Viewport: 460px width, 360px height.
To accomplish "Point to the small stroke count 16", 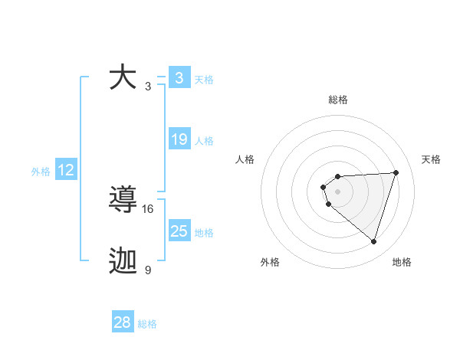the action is (x=148, y=208).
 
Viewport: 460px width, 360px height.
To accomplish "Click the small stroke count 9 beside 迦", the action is (x=148, y=270).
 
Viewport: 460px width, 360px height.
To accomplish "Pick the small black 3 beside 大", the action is (x=148, y=86).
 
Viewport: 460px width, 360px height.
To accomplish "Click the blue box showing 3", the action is (x=179, y=78).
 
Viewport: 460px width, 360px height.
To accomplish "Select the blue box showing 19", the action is (x=179, y=139).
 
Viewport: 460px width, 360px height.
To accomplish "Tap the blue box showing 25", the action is (x=179, y=231).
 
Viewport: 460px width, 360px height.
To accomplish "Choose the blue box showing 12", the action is (x=66, y=170).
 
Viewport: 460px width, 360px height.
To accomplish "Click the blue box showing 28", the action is (x=122, y=322).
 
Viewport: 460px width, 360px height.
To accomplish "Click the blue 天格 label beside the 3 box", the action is (x=204, y=79).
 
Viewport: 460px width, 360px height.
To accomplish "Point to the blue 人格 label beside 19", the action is (x=204, y=140).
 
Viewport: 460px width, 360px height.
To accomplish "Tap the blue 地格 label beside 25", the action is (x=204, y=232).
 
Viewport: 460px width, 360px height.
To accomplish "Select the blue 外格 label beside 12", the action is (x=41, y=172).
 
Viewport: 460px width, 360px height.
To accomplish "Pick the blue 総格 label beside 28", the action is (x=147, y=324).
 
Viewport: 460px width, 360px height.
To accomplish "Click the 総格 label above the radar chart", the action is (x=337, y=100).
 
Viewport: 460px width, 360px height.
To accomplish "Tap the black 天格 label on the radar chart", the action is (x=431, y=159).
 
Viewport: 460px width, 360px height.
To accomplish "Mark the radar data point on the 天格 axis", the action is (x=396, y=172).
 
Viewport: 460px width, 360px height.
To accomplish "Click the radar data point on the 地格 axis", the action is (x=373, y=242).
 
